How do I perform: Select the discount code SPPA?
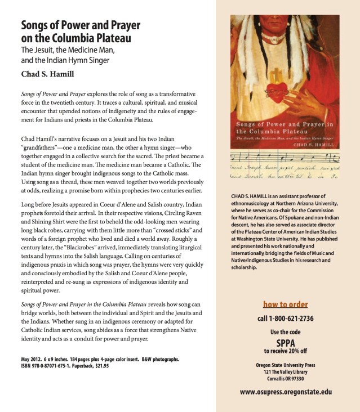(x=286, y=342)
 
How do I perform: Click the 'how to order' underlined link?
(x=286, y=304)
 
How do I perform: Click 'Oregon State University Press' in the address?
(x=286, y=365)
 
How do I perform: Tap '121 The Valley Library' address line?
(x=286, y=371)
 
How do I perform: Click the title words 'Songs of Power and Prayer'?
(x=81, y=26)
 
